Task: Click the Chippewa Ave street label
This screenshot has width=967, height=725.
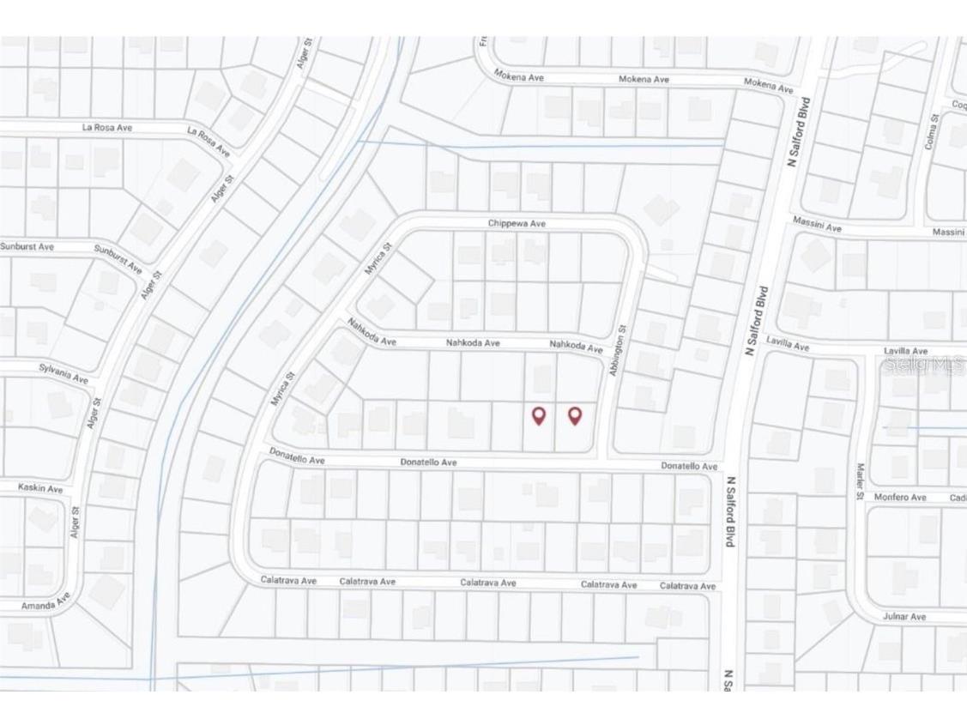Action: (517, 224)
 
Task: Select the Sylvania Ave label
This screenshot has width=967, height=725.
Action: (63, 373)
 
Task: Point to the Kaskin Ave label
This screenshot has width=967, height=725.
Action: (40, 488)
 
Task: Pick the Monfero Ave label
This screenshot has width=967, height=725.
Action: (900, 498)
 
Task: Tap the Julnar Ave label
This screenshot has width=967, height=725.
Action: (904, 617)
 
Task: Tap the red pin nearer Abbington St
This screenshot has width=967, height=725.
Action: (575, 416)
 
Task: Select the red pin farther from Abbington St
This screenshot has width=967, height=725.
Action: (539, 416)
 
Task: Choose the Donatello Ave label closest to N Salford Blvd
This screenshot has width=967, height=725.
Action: (688, 466)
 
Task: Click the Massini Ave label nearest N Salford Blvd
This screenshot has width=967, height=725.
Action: (817, 227)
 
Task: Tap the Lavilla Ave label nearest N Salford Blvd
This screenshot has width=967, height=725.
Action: (788, 346)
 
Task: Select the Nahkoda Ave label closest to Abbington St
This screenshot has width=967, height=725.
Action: (576, 346)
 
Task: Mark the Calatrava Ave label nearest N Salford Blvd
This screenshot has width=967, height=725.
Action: (687, 586)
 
